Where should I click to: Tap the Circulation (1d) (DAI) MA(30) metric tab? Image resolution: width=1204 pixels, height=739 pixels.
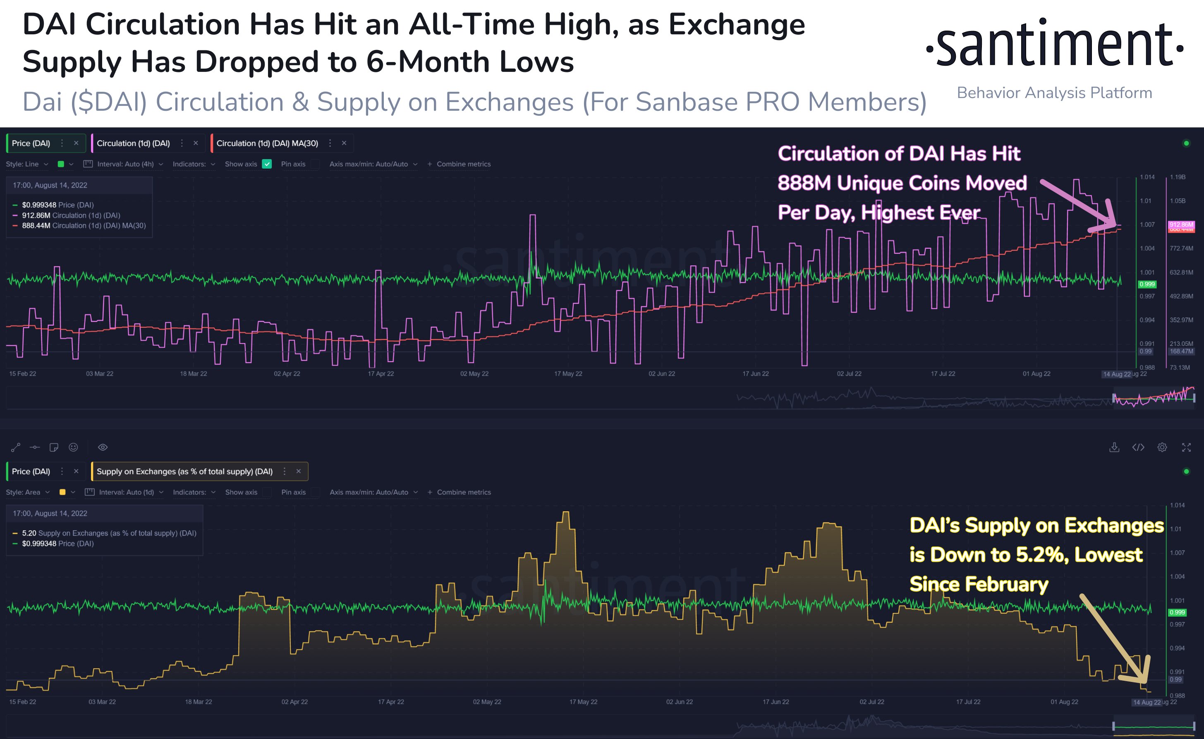coord(267,143)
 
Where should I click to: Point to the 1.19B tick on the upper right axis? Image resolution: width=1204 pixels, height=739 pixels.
coord(1178,177)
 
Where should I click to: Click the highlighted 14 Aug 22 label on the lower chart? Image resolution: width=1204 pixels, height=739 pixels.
coord(1146,702)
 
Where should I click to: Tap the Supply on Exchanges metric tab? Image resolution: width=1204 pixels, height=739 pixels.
coord(184,472)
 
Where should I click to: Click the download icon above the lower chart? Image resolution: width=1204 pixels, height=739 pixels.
coord(1114,447)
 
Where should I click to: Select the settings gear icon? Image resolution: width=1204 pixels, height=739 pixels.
coord(1162,447)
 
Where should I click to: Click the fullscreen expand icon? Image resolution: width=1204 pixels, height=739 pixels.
coord(1186,447)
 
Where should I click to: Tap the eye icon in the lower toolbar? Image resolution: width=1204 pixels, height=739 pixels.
coord(103,447)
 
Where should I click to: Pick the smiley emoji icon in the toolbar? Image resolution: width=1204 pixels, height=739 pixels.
coord(73,447)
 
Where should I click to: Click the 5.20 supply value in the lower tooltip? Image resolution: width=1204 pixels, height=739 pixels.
coord(29,533)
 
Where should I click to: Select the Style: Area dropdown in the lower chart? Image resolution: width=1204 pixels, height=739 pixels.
coord(27,492)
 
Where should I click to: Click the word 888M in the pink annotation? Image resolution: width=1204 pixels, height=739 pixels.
coord(804,183)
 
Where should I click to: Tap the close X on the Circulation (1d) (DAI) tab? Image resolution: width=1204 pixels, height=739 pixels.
coord(196,143)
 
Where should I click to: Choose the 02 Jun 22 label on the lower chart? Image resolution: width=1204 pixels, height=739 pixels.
coord(679,702)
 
